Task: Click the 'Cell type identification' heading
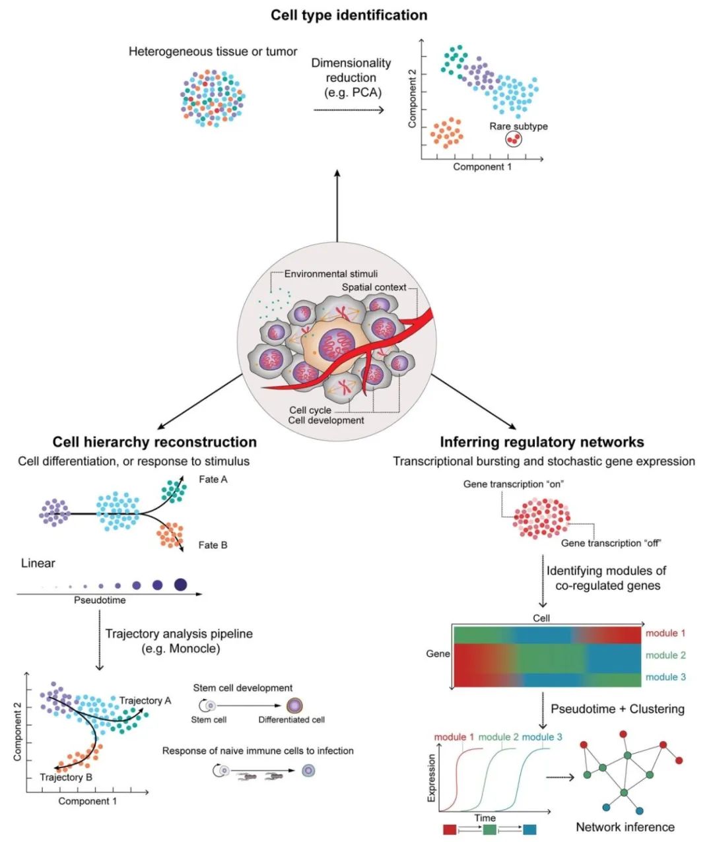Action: (349, 15)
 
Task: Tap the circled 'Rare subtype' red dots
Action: (514, 139)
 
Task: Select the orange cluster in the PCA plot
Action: (447, 133)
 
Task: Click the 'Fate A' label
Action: (213, 480)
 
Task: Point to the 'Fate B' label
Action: (213, 545)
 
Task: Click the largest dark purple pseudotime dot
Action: (181, 585)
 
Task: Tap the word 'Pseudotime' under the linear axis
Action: (100, 600)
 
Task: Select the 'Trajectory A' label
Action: (145, 700)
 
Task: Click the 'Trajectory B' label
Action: (66, 777)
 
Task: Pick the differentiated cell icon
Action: (294, 705)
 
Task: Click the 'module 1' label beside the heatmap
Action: (665, 633)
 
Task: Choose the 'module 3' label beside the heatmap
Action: (665, 676)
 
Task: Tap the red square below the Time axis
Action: (450, 829)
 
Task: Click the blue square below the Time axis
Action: (529, 829)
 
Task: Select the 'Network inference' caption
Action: (625, 827)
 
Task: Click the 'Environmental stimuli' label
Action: (331, 274)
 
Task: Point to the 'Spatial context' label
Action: (374, 287)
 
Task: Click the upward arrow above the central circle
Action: (337, 206)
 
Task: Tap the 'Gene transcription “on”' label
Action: (514, 484)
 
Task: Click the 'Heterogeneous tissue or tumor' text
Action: (213, 51)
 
